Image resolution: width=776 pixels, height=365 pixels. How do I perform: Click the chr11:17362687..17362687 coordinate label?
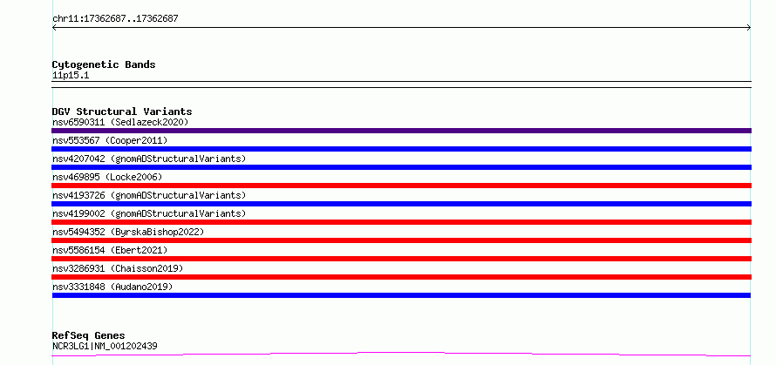click(x=115, y=19)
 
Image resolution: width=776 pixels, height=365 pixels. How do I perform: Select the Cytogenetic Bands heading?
click(x=104, y=64)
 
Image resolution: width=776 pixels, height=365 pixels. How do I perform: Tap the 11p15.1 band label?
click(x=71, y=76)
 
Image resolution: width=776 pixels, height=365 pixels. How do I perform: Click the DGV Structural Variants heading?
click(x=122, y=112)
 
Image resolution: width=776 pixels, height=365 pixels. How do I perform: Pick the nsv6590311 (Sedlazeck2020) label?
click(x=120, y=122)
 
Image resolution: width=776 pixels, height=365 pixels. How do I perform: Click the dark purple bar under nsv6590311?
click(x=401, y=131)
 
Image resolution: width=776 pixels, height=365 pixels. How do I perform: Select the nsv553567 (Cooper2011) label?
click(x=110, y=140)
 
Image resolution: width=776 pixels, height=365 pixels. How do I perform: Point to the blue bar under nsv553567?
click(x=401, y=149)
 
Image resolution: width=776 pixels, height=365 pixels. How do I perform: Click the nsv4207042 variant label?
click(x=149, y=159)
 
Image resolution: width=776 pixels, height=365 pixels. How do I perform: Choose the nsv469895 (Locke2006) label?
click(x=107, y=177)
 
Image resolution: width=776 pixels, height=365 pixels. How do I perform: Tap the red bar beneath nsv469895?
click(x=401, y=186)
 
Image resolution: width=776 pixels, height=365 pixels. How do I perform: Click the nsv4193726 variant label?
click(x=149, y=195)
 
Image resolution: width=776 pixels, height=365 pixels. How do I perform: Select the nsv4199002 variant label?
click(x=149, y=213)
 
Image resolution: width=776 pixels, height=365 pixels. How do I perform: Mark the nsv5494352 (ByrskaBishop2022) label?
click(x=128, y=232)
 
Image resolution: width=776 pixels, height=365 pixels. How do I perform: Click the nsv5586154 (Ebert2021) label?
click(x=110, y=250)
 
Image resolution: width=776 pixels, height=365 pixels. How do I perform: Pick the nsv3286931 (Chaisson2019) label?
click(x=118, y=268)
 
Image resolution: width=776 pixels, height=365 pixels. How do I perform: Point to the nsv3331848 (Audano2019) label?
click(x=112, y=287)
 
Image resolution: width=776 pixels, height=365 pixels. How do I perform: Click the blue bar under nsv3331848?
click(x=401, y=295)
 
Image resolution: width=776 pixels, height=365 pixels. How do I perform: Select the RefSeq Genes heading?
click(x=89, y=335)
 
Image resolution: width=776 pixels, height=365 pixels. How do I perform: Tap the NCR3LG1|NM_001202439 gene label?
click(x=105, y=346)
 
